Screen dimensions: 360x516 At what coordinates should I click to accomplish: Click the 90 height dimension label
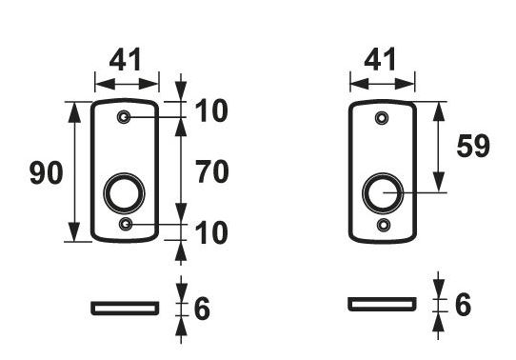[x=46, y=173]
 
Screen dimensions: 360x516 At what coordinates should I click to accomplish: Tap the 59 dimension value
[x=472, y=147]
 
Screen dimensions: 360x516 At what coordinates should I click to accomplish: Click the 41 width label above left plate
[x=126, y=59]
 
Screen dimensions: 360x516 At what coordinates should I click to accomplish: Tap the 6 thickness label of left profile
[x=201, y=309]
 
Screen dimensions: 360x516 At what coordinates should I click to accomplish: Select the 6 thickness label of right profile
[x=463, y=305]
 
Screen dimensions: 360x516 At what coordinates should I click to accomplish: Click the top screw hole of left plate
[x=126, y=117]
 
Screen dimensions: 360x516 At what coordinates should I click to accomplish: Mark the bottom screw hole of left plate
[x=126, y=224]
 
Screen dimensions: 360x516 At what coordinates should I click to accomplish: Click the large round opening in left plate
[x=126, y=191]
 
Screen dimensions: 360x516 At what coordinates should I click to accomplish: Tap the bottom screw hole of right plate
[x=383, y=224]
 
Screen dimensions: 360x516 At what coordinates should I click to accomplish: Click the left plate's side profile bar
[x=125, y=308]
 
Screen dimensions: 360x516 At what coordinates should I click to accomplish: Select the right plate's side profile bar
[x=382, y=304]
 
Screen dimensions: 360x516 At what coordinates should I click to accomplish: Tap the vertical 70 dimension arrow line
[x=181, y=171]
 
